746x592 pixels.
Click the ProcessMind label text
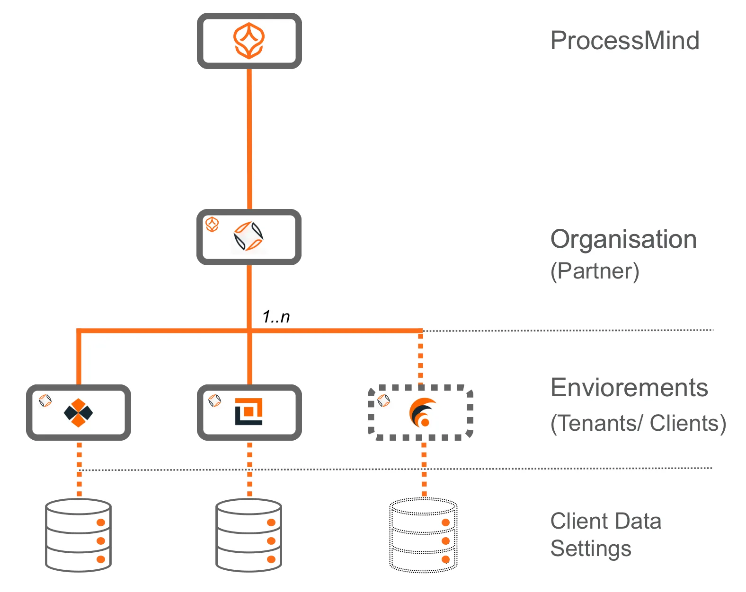click(x=624, y=41)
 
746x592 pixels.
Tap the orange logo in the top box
click(x=249, y=41)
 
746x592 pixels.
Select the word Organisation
click(x=623, y=239)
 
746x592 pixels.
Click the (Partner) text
click(x=595, y=271)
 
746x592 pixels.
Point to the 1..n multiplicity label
click(x=276, y=316)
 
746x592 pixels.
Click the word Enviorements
click(x=629, y=388)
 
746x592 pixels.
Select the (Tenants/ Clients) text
click(x=638, y=423)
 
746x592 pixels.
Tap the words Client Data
click(x=605, y=521)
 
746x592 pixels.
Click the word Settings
click(x=590, y=548)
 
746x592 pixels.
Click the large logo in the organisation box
click(x=249, y=236)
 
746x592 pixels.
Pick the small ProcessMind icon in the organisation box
click(x=212, y=224)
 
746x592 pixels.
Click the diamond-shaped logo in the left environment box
click(x=79, y=413)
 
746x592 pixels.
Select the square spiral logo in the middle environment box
click(x=249, y=411)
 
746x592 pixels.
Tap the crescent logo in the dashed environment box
click(x=422, y=412)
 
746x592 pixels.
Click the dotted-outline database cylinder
click(x=423, y=535)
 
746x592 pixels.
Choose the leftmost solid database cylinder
click(x=78, y=535)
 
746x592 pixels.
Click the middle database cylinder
click(x=249, y=535)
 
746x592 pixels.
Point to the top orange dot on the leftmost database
click(x=101, y=522)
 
